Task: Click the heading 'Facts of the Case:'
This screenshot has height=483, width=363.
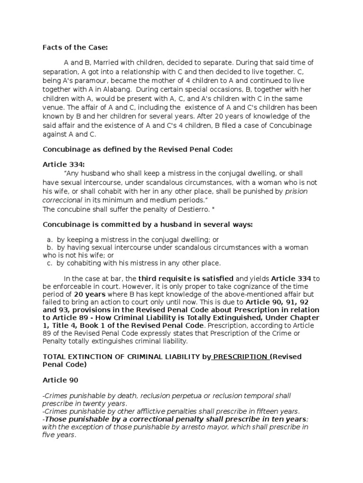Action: click(x=76, y=47)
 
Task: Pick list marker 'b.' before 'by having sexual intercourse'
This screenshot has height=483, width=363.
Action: click(x=50, y=247)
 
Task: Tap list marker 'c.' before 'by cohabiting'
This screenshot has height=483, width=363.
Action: click(x=50, y=263)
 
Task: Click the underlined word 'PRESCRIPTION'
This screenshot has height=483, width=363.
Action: click(x=241, y=357)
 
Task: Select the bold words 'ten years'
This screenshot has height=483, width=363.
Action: click(x=289, y=419)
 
